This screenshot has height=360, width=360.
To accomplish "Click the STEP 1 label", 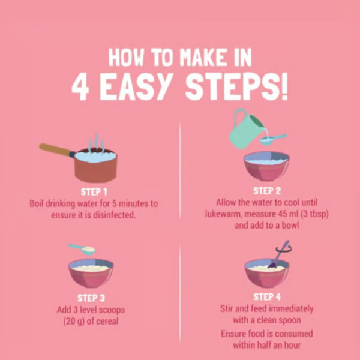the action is click(x=94, y=192).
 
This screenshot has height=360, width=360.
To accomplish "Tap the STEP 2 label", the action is click(x=267, y=191).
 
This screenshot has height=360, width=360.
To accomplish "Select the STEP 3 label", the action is click(x=91, y=298).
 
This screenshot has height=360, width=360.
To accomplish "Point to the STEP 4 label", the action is click(x=267, y=297).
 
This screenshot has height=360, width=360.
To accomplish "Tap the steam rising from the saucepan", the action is click(x=97, y=143).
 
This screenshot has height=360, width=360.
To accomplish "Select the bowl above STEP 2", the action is click(x=266, y=166).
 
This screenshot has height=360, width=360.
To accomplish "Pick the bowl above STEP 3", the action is click(x=91, y=273).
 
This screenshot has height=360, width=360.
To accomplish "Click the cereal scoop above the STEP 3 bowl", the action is click(x=82, y=249).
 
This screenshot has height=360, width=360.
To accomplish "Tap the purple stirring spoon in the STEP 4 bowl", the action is click(x=278, y=255).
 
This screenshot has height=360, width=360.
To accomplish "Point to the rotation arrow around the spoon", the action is click(x=284, y=249).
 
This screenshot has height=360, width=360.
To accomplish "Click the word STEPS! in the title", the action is click(x=236, y=88).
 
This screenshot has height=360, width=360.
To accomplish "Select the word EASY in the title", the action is click(x=136, y=88).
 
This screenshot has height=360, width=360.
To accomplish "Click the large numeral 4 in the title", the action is click(x=80, y=88).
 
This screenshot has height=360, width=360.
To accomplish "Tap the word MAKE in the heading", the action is click(x=203, y=58).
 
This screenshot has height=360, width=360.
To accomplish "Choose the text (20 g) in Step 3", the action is click(x=74, y=321).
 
